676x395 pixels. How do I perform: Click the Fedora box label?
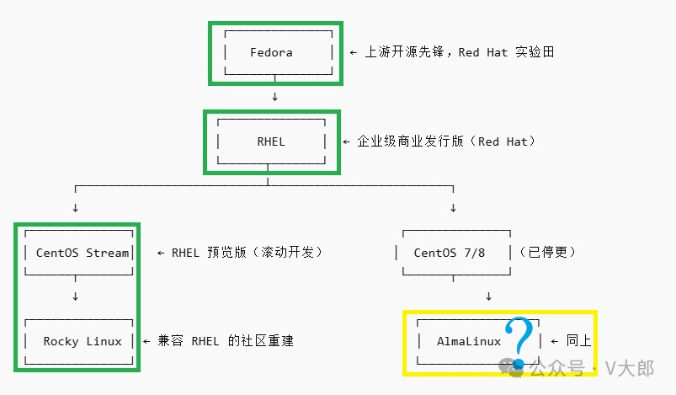(x=271, y=52)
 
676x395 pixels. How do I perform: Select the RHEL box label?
(x=271, y=141)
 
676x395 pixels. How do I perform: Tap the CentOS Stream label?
(x=83, y=253)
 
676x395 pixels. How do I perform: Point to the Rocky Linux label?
(x=83, y=341)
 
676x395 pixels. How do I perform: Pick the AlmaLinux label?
(x=469, y=341)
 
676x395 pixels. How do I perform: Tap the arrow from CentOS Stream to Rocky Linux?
(x=76, y=296)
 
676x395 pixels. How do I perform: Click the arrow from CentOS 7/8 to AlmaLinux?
(x=488, y=296)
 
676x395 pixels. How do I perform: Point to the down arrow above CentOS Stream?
(x=76, y=208)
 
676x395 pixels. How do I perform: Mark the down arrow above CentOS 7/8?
(x=454, y=208)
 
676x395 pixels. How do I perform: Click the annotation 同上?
(x=578, y=341)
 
